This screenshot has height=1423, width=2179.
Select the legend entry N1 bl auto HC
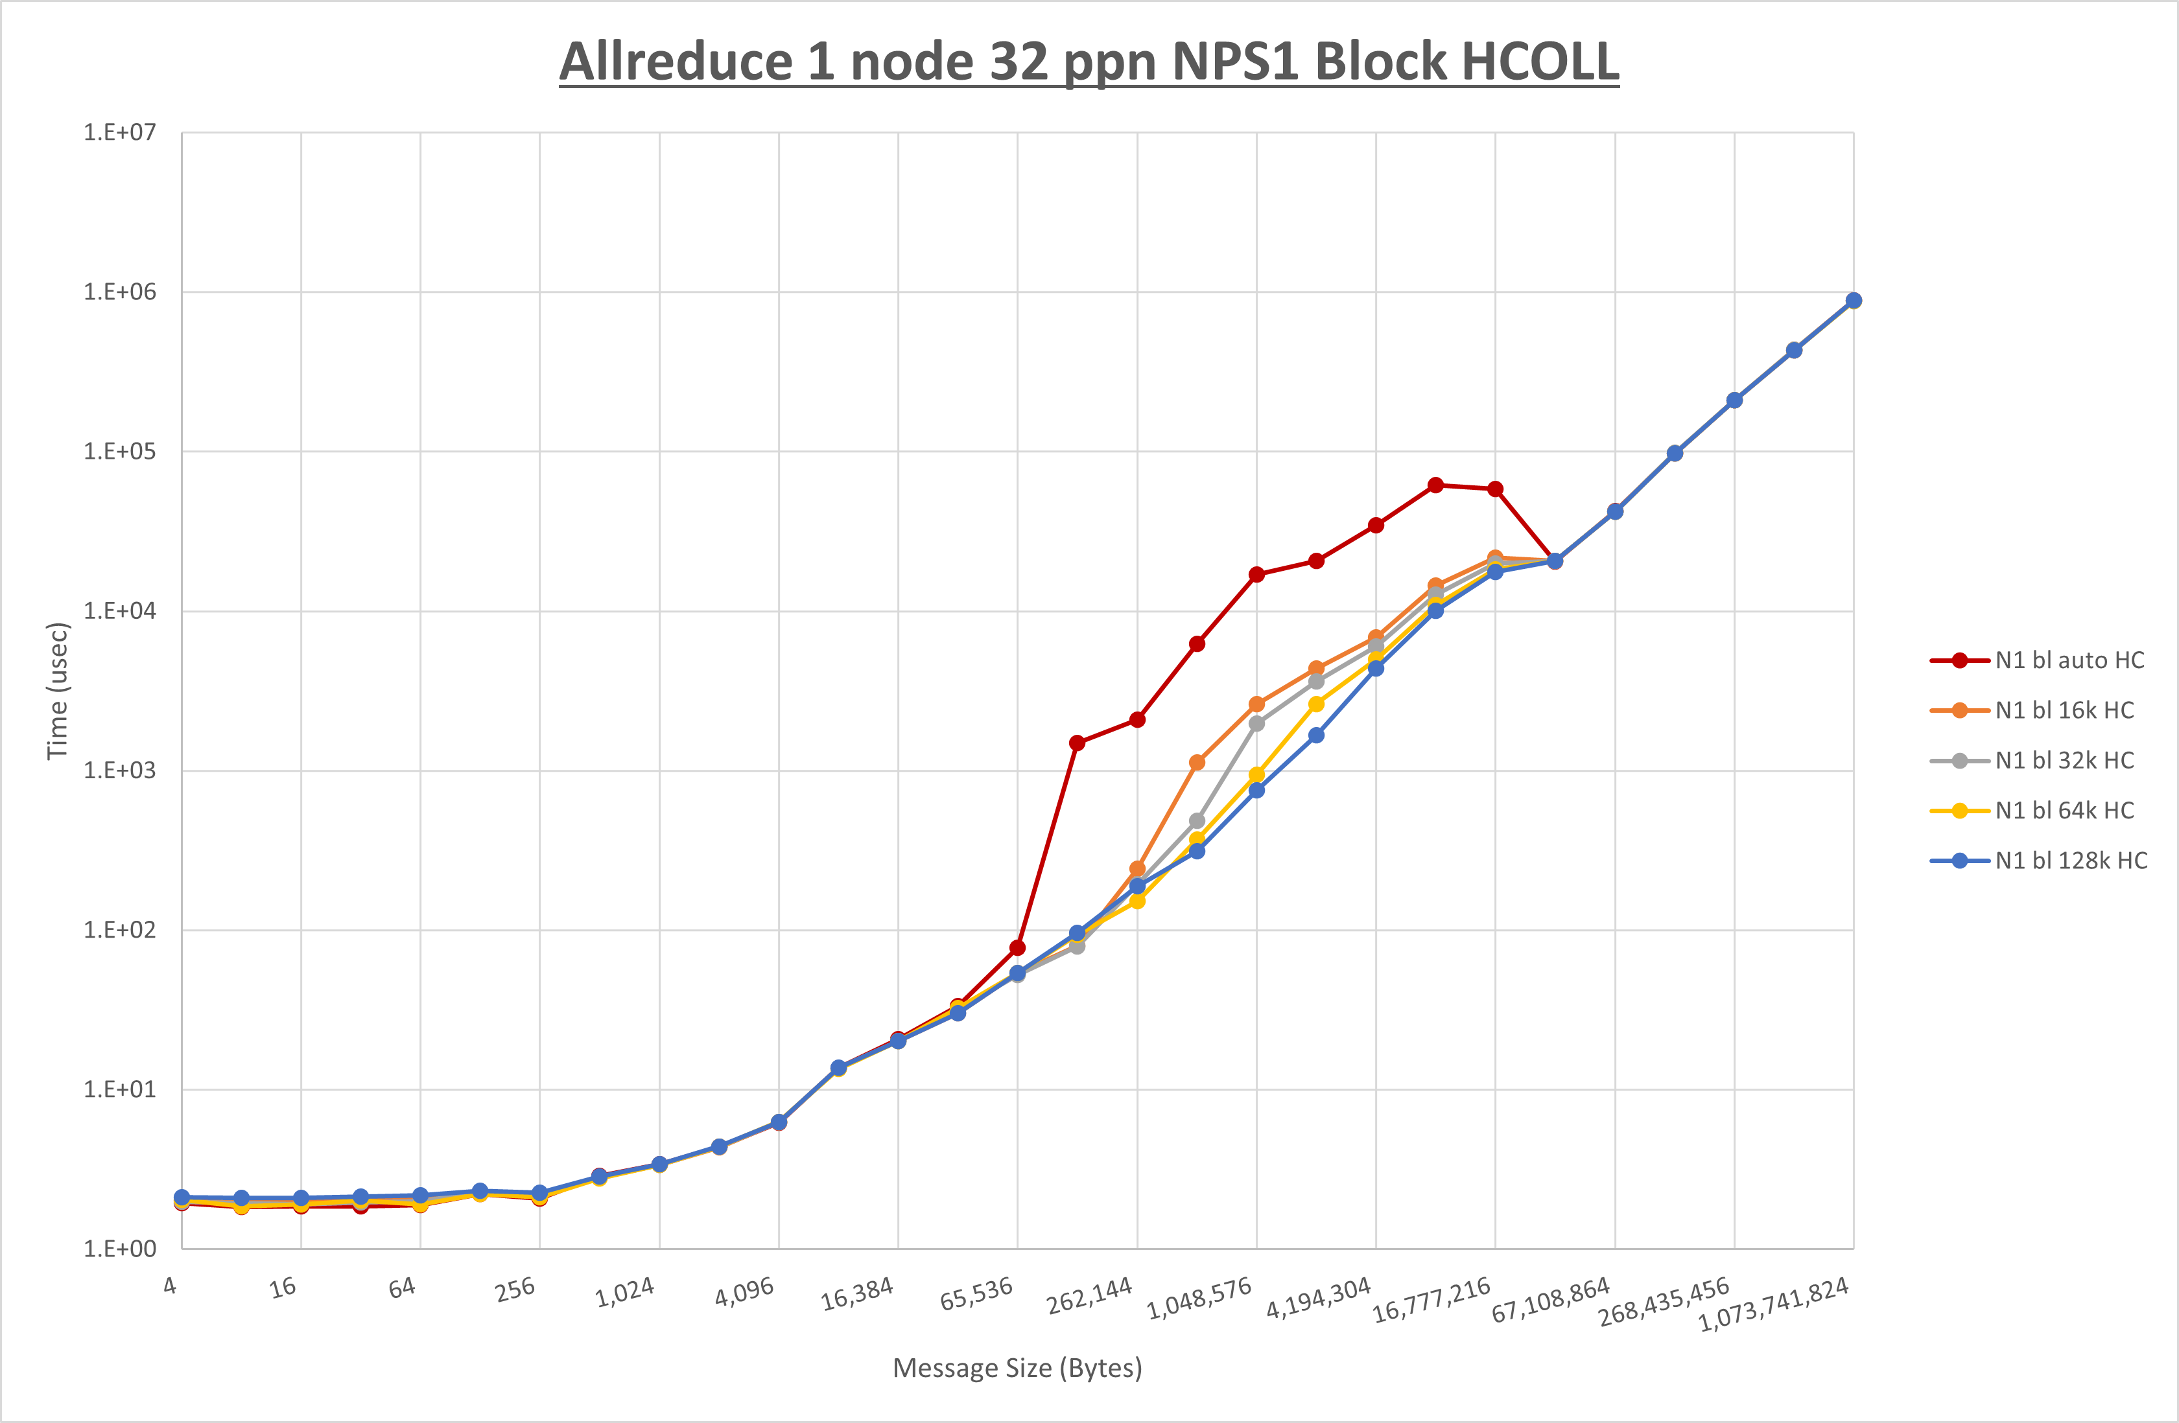click(2069, 661)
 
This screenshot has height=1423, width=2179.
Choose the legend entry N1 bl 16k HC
click(2064, 710)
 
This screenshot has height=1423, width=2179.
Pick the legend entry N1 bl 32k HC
click(2064, 761)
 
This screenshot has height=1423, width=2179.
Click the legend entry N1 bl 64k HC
click(2064, 811)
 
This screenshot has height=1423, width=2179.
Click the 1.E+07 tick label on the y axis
click(120, 133)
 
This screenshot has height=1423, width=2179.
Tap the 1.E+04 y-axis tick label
click(120, 610)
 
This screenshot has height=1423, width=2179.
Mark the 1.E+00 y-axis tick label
click(120, 1249)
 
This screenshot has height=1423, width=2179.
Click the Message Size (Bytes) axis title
click(1017, 1368)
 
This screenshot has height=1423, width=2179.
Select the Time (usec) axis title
click(58, 691)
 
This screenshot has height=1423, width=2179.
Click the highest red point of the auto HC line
click(1435, 485)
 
